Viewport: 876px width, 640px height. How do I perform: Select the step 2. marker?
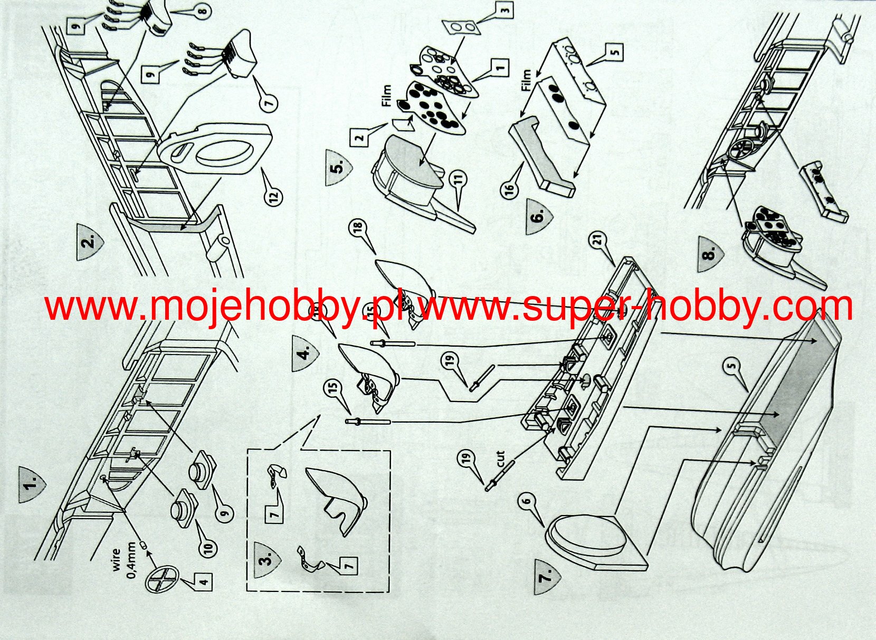point(90,241)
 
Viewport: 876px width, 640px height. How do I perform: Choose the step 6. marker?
point(539,216)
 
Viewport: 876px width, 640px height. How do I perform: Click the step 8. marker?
point(711,254)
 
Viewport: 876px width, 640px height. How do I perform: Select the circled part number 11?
point(460,180)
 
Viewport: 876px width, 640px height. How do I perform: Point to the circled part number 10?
point(210,548)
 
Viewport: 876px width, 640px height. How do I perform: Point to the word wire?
point(117,559)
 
